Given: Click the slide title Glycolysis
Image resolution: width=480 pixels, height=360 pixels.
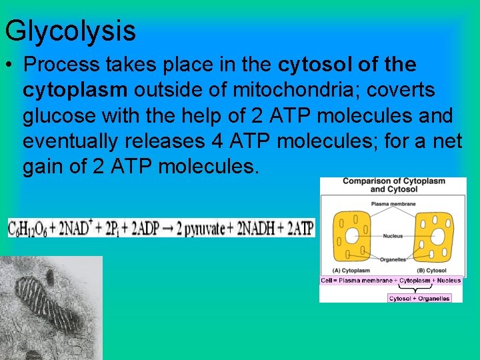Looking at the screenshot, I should (x=70, y=31).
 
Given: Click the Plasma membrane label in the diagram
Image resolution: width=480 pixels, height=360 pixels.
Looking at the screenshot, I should (x=393, y=204).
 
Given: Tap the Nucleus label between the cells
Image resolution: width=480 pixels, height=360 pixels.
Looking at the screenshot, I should (x=393, y=235).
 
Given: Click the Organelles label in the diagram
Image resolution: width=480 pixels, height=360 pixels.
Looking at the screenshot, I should (x=393, y=260).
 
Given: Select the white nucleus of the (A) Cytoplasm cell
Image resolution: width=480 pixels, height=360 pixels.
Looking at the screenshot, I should (x=351, y=237).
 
